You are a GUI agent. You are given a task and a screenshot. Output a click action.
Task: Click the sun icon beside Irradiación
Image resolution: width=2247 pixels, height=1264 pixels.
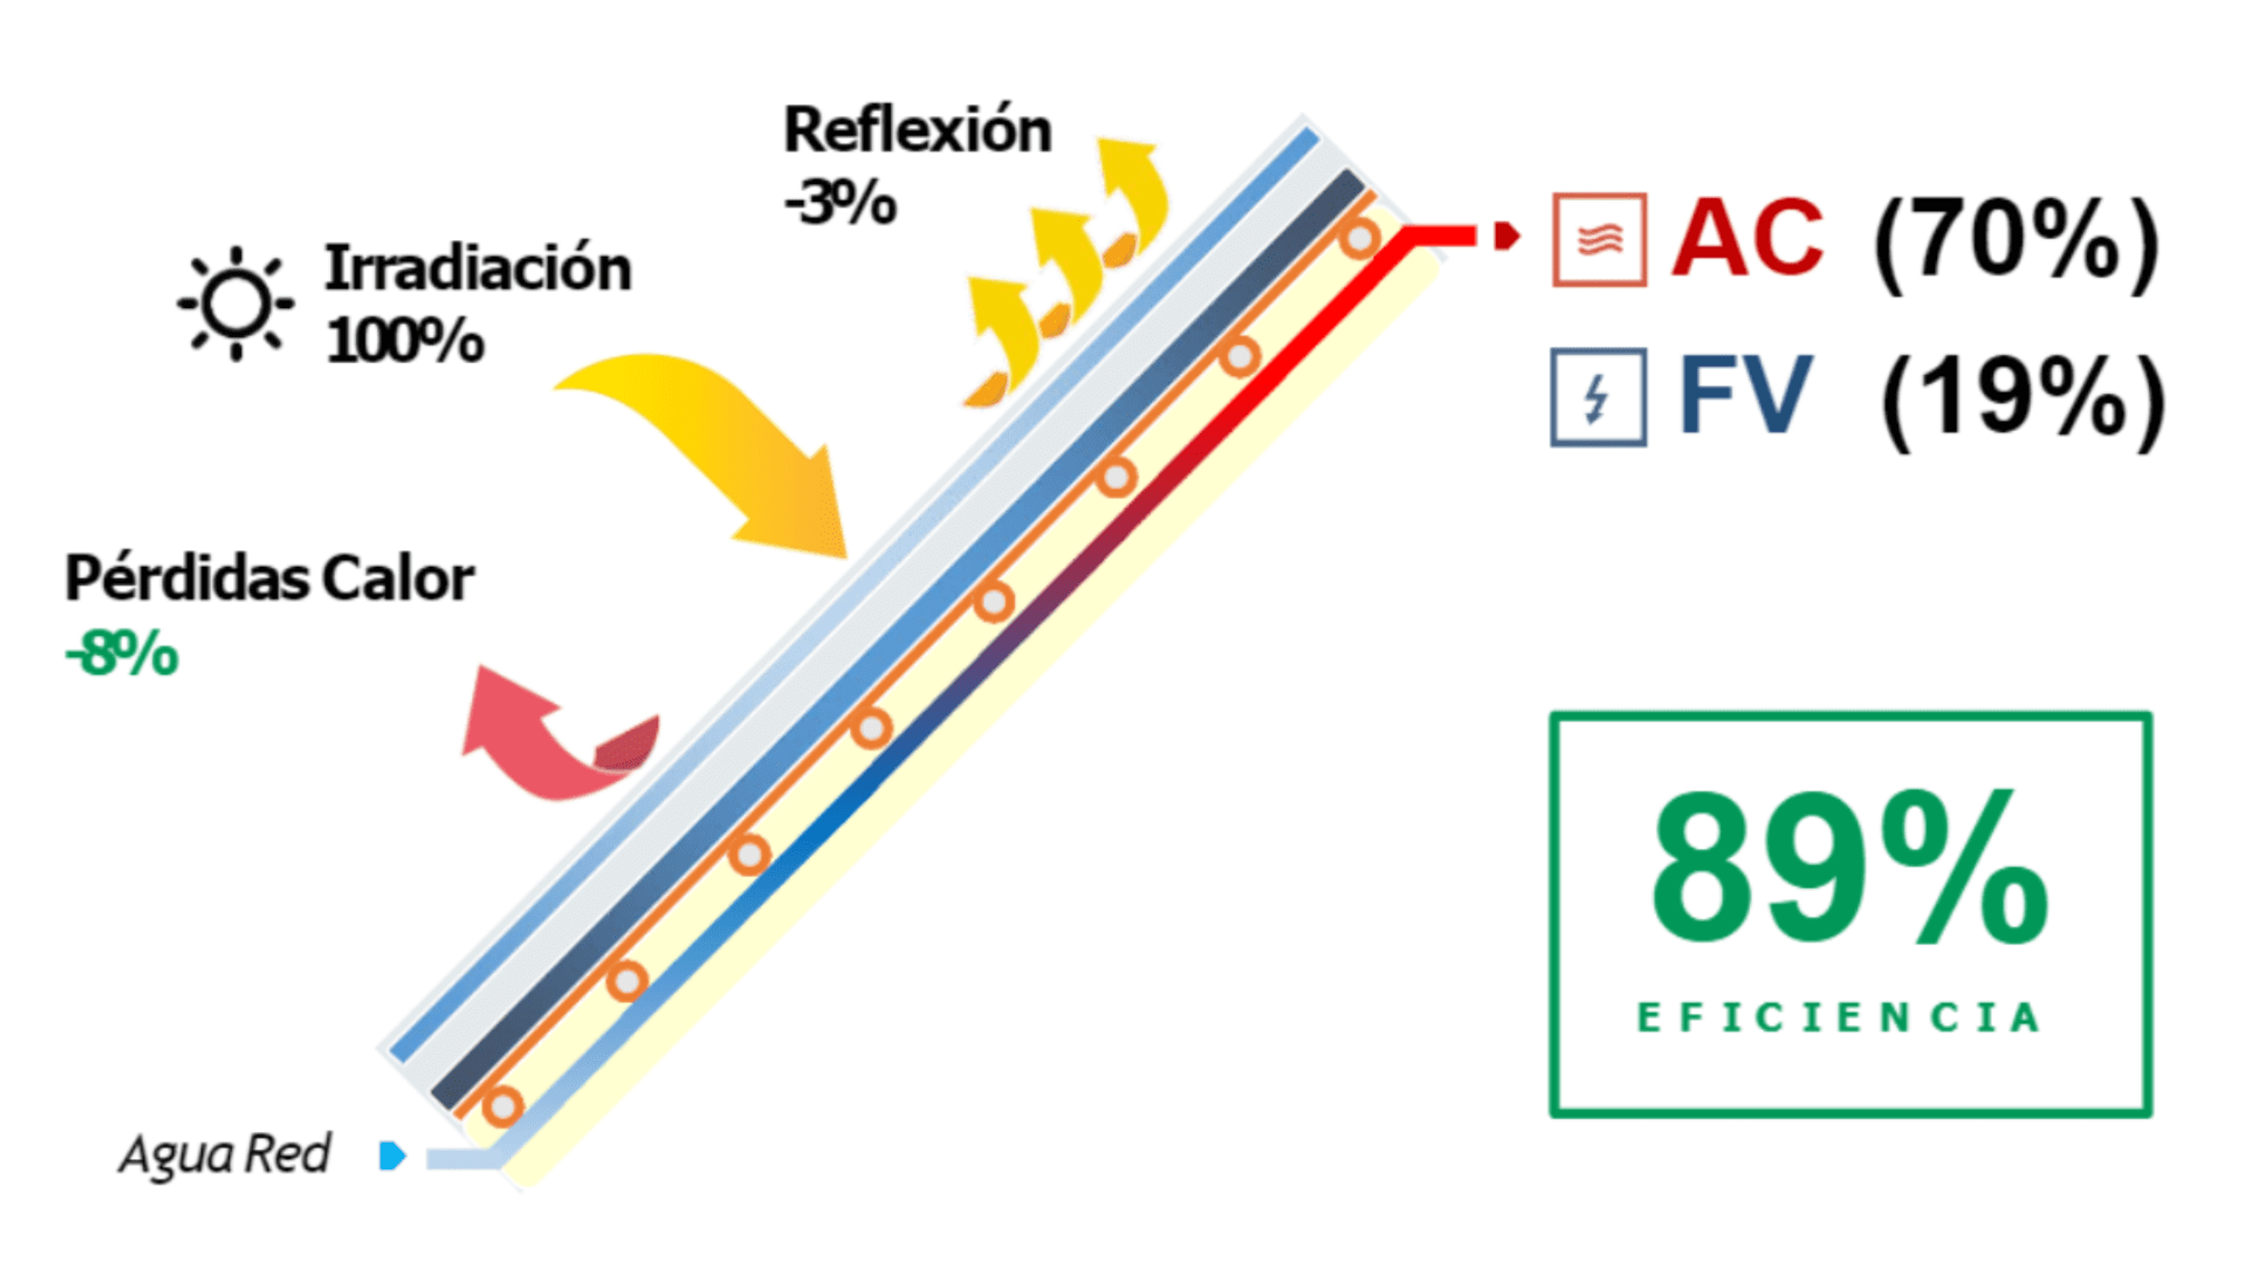coord(235,303)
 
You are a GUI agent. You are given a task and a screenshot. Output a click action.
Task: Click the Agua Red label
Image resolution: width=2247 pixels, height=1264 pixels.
coord(225,1153)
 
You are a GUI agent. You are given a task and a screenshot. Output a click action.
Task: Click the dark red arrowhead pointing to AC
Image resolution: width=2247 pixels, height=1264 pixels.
coord(1506,235)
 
